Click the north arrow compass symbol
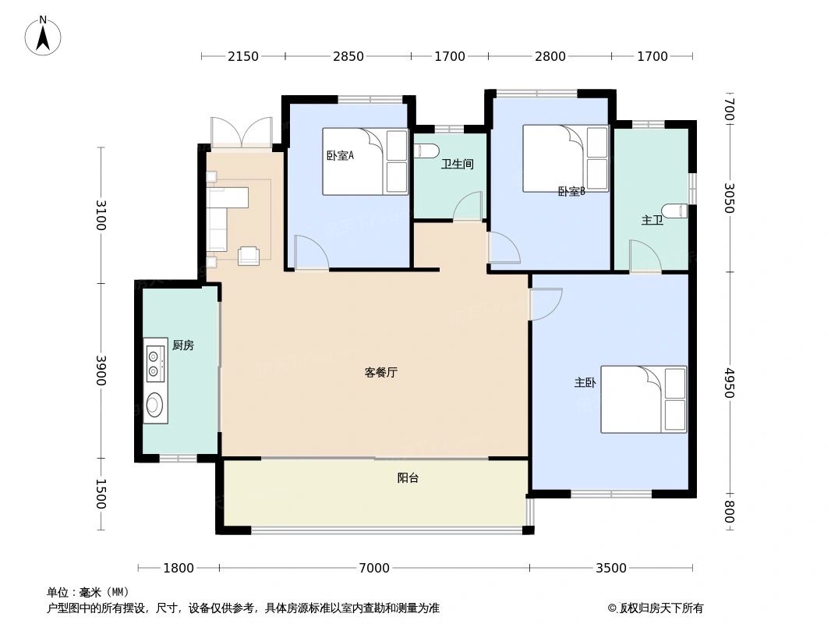[x=44, y=35]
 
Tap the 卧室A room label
[x=340, y=155]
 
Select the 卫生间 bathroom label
[x=457, y=165]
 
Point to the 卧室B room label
[x=571, y=191]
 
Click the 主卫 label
[x=652, y=220]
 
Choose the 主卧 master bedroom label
[x=585, y=383]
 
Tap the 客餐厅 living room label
[x=381, y=373]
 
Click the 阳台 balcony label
[x=408, y=478]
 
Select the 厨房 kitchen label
[x=182, y=346]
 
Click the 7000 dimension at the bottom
[x=374, y=568]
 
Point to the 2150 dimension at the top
[x=242, y=56]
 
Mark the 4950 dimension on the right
[x=729, y=383]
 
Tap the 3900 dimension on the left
[x=101, y=371]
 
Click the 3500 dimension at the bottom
[x=611, y=568]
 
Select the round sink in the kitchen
[x=155, y=405]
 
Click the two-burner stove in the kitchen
[x=154, y=365]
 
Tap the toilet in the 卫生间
[x=430, y=150]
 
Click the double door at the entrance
[x=242, y=133]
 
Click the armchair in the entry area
[x=249, y=255]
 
